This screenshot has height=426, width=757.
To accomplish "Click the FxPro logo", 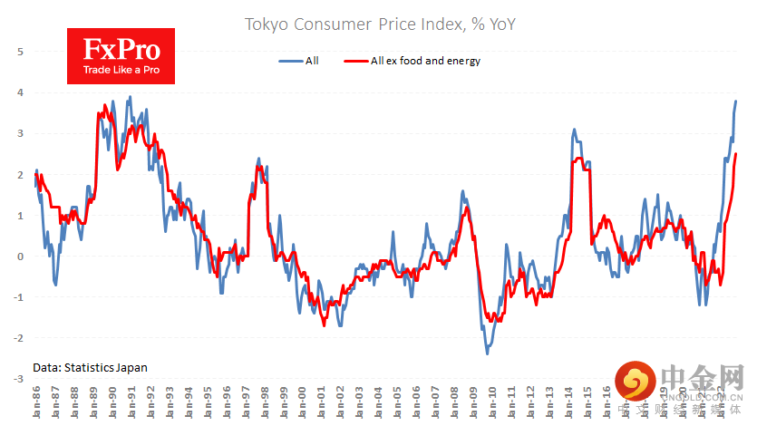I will [121, 56].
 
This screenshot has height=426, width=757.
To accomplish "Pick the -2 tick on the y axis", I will [18, 338].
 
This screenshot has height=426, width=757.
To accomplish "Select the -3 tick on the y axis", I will [18, 379].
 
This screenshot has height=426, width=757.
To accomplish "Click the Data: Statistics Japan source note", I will [90, 368].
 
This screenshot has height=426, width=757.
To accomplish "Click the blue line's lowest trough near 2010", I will [487, 353].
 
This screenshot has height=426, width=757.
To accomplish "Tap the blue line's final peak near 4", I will [736, 101].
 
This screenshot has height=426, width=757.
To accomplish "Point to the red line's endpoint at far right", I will [736, 154].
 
